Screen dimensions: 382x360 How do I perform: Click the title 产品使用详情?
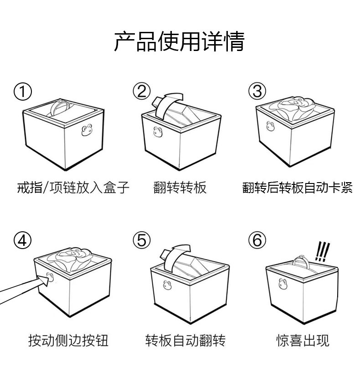[x=179, y=42]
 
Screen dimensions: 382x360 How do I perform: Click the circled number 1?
[x=23, y=92]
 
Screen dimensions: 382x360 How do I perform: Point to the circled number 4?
[x=23, y=240]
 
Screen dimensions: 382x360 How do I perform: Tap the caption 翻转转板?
[x=180, y=187]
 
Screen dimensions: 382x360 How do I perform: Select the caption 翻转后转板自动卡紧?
[x=297, y=187]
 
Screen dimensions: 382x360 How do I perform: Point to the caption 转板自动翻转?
[x=185, y=340]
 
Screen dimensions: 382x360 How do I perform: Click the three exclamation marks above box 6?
[x=322, y=251]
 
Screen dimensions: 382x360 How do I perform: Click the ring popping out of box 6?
[x=303, y=261]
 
